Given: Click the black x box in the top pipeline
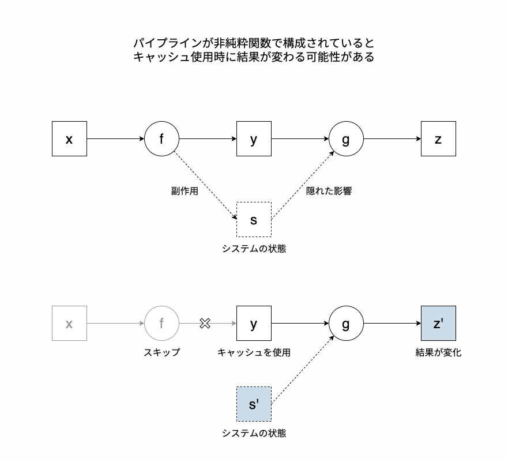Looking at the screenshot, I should tap(69, 138).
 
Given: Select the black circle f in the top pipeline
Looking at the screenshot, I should tap(161, 138).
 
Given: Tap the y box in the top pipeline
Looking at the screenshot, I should tap(254, 138).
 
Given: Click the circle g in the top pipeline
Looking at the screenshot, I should tap(346, 138).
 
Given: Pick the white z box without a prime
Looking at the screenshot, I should tap(438, 138).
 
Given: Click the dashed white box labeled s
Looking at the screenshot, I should tap(254, 219).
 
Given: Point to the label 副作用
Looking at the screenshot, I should tap(185, 191).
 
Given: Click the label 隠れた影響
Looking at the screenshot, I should tap(329, 191).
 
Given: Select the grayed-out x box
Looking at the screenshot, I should tap(69, 324).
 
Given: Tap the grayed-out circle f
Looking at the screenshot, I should tap(161, 324).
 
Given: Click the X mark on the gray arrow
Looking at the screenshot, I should tap(204, 324).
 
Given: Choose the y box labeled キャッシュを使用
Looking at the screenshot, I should tap(254, 324).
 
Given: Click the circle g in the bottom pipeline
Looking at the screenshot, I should tap(346, 324).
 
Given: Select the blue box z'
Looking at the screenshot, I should tap(438, 324).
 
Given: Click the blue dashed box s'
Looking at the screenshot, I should tap(254, 404).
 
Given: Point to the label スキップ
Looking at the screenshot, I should tap(161, 352).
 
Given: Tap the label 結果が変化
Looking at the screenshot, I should tap(438, 352).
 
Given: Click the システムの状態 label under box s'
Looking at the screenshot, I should tap(254, 433).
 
